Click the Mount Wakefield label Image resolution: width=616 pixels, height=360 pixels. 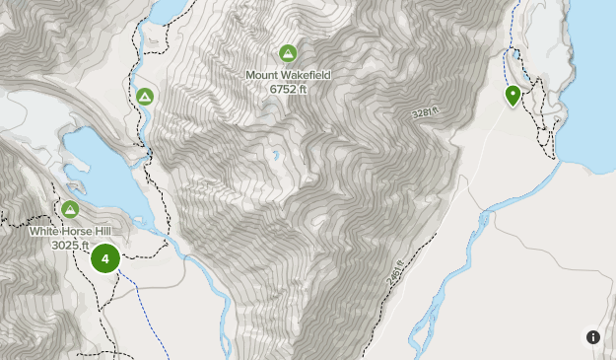[288, 74]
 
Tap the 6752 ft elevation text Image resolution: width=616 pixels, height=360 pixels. [288, 88]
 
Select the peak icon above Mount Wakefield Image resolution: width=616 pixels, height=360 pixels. [288, 52]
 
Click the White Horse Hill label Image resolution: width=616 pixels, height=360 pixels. [70, 231]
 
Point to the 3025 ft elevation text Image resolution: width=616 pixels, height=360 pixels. [70, 245]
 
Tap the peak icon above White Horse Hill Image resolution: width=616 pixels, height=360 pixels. [70, 209]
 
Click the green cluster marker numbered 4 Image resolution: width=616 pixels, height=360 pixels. [104, 259]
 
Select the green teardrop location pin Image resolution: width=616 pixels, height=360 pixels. [513, 95]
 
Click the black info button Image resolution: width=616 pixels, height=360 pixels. [593, 337]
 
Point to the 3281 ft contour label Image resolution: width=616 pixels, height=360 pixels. [423, 114]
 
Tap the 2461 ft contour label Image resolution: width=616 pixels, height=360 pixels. [396, 267]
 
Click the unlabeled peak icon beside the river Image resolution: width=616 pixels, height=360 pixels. [144, 96]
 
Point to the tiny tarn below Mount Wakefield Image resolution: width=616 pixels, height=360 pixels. [276, 155]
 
